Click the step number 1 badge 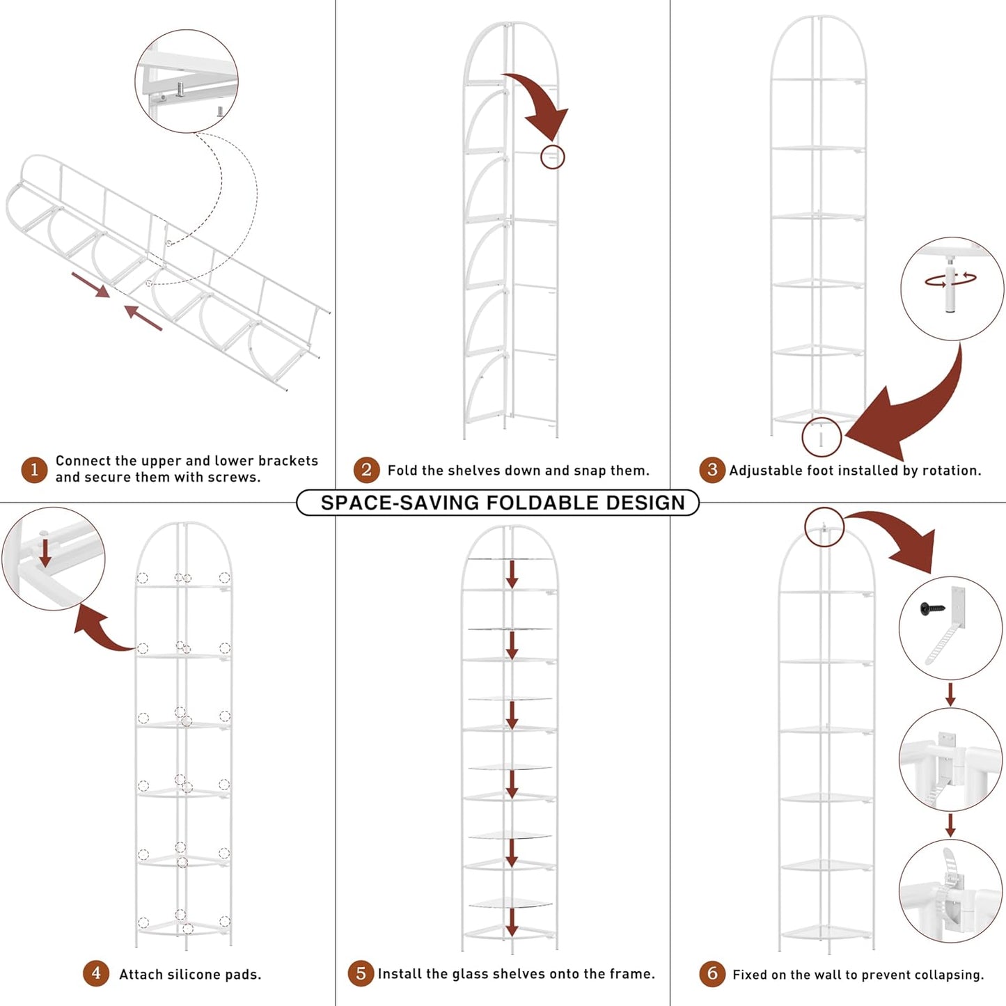[x=34, y=470]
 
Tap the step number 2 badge [x=366, y=470]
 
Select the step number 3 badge [x=712, y=470]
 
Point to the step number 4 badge [x=96, y=973]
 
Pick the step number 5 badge [x=361, y=973]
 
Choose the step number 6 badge [x=712, y=973]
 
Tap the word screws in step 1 [x=237, y=478]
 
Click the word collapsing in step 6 [x=952, y=975]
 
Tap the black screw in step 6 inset [x=930, y=608]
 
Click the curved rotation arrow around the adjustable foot [x=950, y=280]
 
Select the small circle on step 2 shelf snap [x=553, y=157]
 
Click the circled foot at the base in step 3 [x=822, y=438]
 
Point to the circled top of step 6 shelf [x=824, y=527]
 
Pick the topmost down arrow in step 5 [x=512, y=574]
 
